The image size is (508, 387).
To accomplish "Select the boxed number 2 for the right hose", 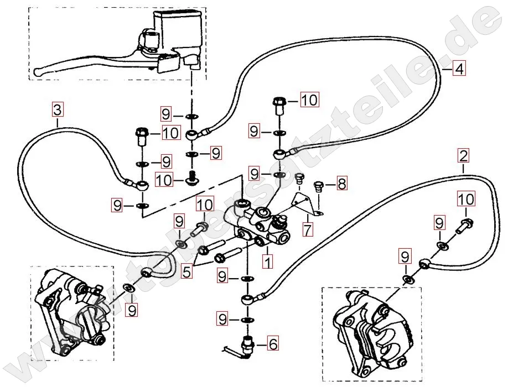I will [464, 155].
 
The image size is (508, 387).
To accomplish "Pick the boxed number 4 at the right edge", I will [459, 69].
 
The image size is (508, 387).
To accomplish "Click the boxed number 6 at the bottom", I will [272, 343].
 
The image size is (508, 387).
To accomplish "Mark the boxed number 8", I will [341, 183].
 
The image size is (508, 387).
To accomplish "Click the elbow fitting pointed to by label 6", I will [244, 346].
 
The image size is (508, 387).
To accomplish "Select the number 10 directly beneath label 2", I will [466, 198].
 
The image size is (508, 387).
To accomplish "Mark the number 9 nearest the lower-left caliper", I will [132, 311].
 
